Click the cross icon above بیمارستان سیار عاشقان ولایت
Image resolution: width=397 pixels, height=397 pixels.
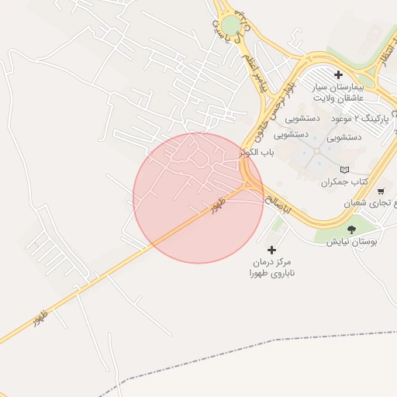(338, 74)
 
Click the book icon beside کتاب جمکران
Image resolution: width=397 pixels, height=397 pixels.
(345, 170)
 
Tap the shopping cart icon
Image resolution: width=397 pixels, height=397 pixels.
(380, 191)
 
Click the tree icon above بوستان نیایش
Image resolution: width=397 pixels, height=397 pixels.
(352, 230)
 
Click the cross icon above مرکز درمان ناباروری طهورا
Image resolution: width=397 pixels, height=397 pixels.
(271, 250)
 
